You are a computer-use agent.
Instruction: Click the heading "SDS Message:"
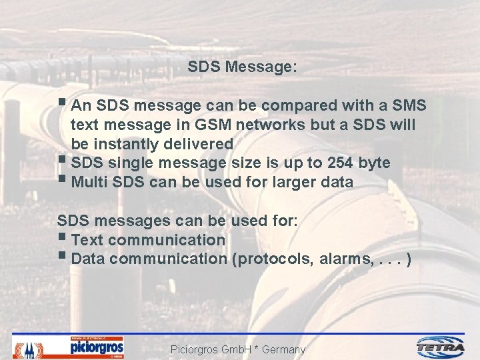click(x=242, y=67)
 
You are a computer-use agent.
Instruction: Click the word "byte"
click(x=375, y=163)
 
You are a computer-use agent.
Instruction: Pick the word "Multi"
click(x=90, y=181)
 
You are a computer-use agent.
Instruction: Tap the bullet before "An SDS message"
click(x=62, y=103)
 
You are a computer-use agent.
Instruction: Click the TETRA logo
click(x=441, y=347)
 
